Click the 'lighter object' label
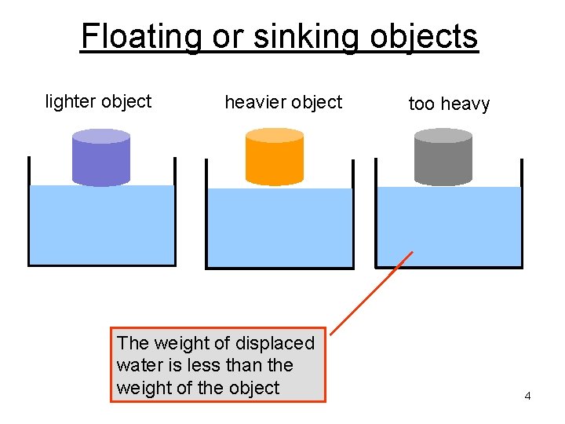pos(98,101)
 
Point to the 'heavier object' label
pos(283,102)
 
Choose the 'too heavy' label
pos(449,104)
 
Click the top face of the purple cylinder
pos(100,136)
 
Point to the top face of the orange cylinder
pos(274,135)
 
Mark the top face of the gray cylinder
pos(443,135)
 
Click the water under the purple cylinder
pos(101,228)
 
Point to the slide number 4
pos(527,396)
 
